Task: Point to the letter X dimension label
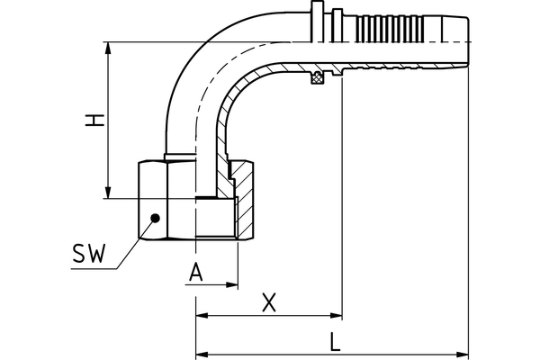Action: pos(268,303)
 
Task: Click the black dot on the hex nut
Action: pos(154,217)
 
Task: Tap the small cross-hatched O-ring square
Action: pos(317,79)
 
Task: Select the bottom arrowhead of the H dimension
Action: pos(109,193)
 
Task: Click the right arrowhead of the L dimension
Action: pos(463,351)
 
